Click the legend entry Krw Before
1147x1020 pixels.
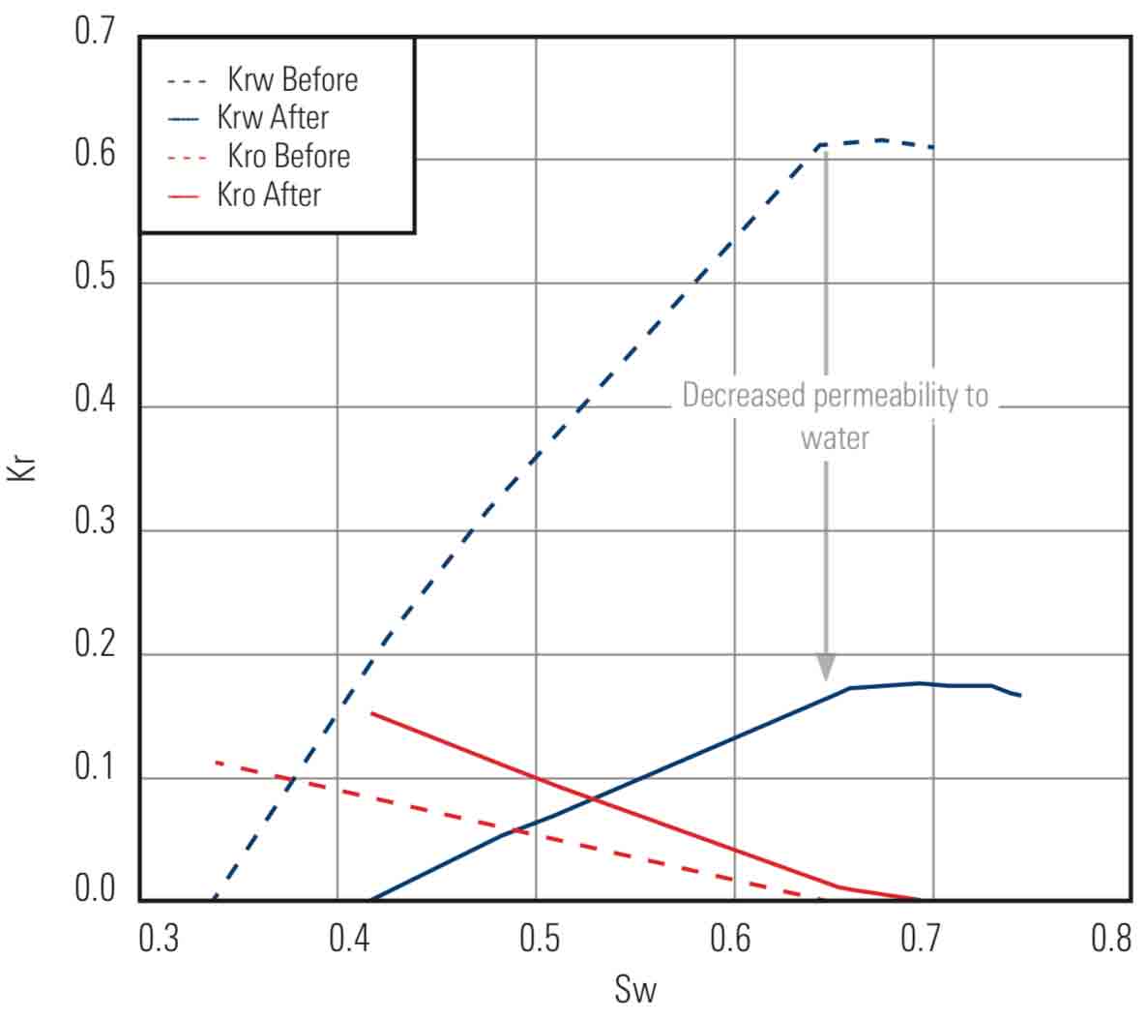pyautogui.click(x=292, y=79)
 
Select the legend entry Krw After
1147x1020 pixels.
pyautogui.click(x=273, y=118)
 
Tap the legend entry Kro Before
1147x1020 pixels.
pyautogui.click(x=288, y=157)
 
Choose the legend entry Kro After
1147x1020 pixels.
pyautogui.click(x=269, y=195)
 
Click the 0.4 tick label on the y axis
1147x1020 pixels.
pyautogui.click(x=94, y=400)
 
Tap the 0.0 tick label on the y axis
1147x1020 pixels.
pyautogui.click(x=94, y=889)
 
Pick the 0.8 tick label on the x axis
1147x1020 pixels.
pyautogui.click(x=1110, y=939)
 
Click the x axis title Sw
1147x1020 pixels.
pyautogui.click(x=634, y=990)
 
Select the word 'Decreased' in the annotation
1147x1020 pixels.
pyautogui.click(x=744, y=396)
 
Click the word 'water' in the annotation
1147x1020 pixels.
pyautogui.click(x=835, y=438)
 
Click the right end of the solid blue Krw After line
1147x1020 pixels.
pyautogui.click(x=1020, y=695)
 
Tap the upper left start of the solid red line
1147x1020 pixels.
pyautogui.click(x=372, y=713)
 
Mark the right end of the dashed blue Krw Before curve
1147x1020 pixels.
pyautogui.click(x=932, y=147)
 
